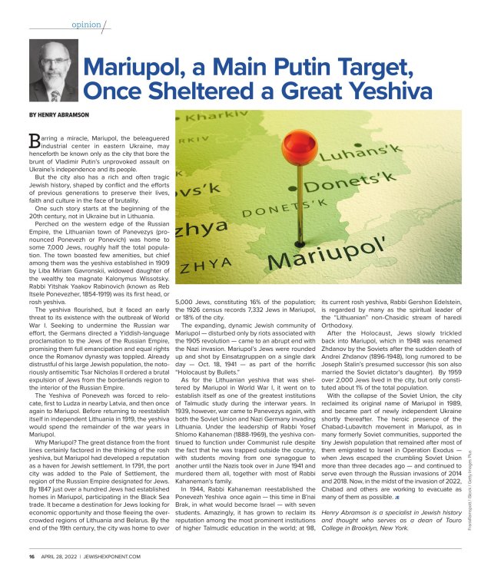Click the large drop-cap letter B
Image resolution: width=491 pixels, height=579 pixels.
pos(35,139)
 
